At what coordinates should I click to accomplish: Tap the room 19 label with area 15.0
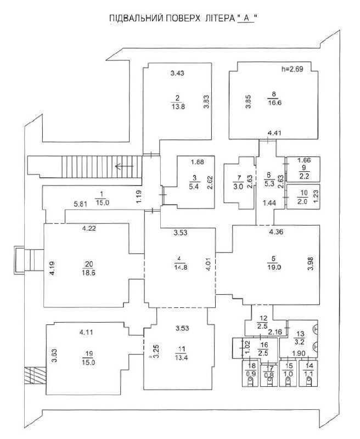pyautogui.click(x=88, y=358)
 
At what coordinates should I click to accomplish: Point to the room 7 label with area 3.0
pyautogui.click(x=238, y=183)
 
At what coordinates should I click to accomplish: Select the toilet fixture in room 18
pyautogui.click(x=250, y=382)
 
